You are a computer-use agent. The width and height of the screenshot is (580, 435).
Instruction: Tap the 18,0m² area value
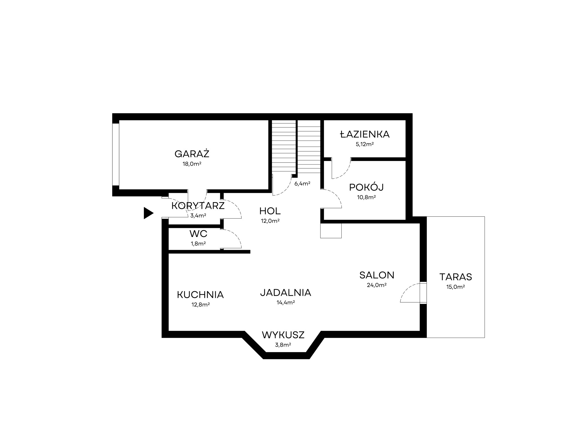(x=192, y=164)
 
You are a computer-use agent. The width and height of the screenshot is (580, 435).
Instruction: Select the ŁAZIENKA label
(x=365, y=134)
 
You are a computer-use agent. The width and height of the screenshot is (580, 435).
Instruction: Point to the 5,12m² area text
(x=365, y=144)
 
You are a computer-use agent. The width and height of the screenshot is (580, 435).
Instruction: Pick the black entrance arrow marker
(x=148, y=213)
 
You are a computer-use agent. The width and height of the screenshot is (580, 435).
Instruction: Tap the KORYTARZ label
(x=198, y=206)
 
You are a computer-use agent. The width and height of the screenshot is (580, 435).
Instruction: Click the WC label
(x=198, y=233)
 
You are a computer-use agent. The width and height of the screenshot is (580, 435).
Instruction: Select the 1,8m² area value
(x=198, y=244)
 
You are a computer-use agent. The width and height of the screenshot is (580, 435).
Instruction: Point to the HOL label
(x=270, y=211)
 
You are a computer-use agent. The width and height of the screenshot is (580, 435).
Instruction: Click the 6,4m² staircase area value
(x=302, y=184)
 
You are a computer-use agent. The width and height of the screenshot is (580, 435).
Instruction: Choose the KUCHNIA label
(x=200, y=295)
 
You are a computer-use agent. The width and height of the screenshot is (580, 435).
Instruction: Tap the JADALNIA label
(x=286, y=293)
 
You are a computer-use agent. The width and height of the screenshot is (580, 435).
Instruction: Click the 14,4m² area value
(x=286, y=303)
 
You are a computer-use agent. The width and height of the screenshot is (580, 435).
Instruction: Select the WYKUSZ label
(x=283, y=335)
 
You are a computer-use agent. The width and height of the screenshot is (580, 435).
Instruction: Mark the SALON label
(x=377, y=275)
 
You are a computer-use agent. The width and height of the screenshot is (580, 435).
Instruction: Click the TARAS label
(x=456, y=277)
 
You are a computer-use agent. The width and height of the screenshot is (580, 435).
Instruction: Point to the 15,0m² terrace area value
(x=456, y=287)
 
